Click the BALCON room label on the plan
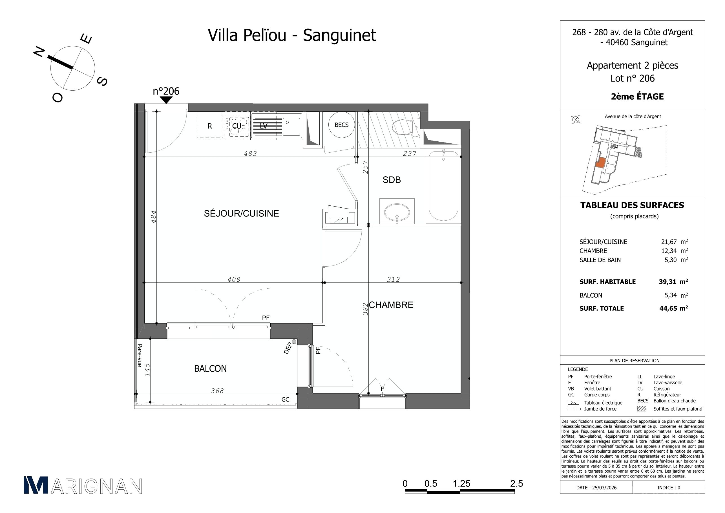tap(210, 369)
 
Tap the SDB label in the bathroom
tap(392, 180)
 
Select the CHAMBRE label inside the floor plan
tap(391, 305)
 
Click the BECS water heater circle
tap(341, 125)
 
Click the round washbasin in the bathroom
tap(397, 211)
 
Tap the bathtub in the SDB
tap(443, 185)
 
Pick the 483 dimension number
tap(250, 154)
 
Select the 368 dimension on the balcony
tap(217, 391)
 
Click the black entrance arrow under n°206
tap(166, 100)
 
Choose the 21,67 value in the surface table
tap(669, 242)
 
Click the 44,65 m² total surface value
tap(673, 308)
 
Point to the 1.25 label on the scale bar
tap(461, 484)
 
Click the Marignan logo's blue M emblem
tap(36, 485)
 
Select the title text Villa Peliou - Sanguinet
tap(292, 35)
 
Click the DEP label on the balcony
tap(287, 348)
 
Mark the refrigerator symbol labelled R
tap(210, 126)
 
